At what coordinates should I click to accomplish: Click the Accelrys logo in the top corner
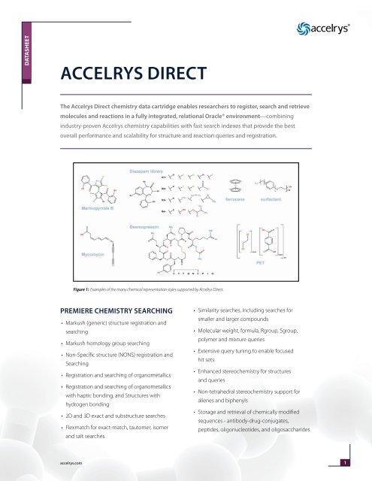pos(323,31)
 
